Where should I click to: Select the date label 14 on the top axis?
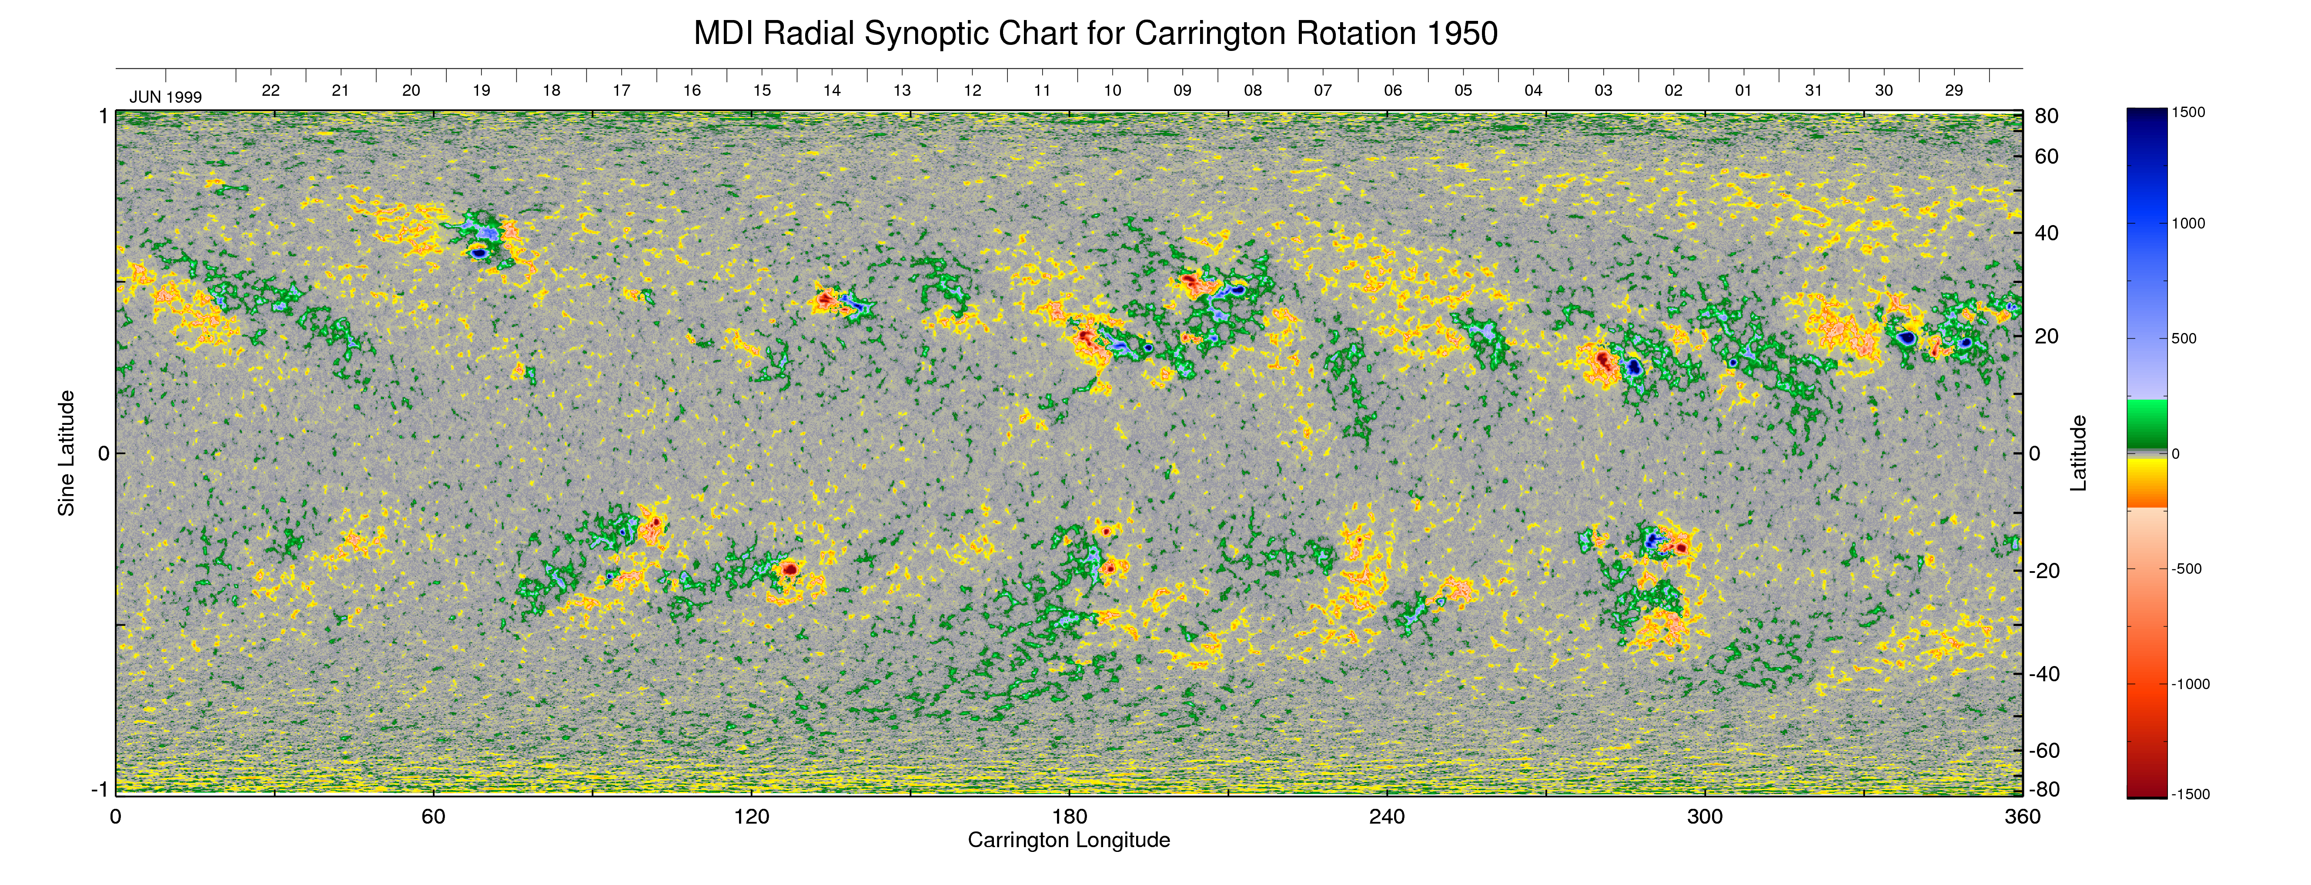tap(832, 91)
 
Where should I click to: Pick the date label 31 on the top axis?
tap(1813, 91)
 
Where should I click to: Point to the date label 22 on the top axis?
tap(270, 91)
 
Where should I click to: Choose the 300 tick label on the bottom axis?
tap(1705, 817)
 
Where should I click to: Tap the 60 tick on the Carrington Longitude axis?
tap(433, 817)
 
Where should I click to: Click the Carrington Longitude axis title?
tap(1068, 840)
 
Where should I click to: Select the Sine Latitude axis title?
tap(67, 453)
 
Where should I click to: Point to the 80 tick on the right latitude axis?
tap(2047, 117)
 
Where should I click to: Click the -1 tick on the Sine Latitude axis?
tap(100, 789)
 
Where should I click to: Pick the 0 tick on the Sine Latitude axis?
tap(103, 453)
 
